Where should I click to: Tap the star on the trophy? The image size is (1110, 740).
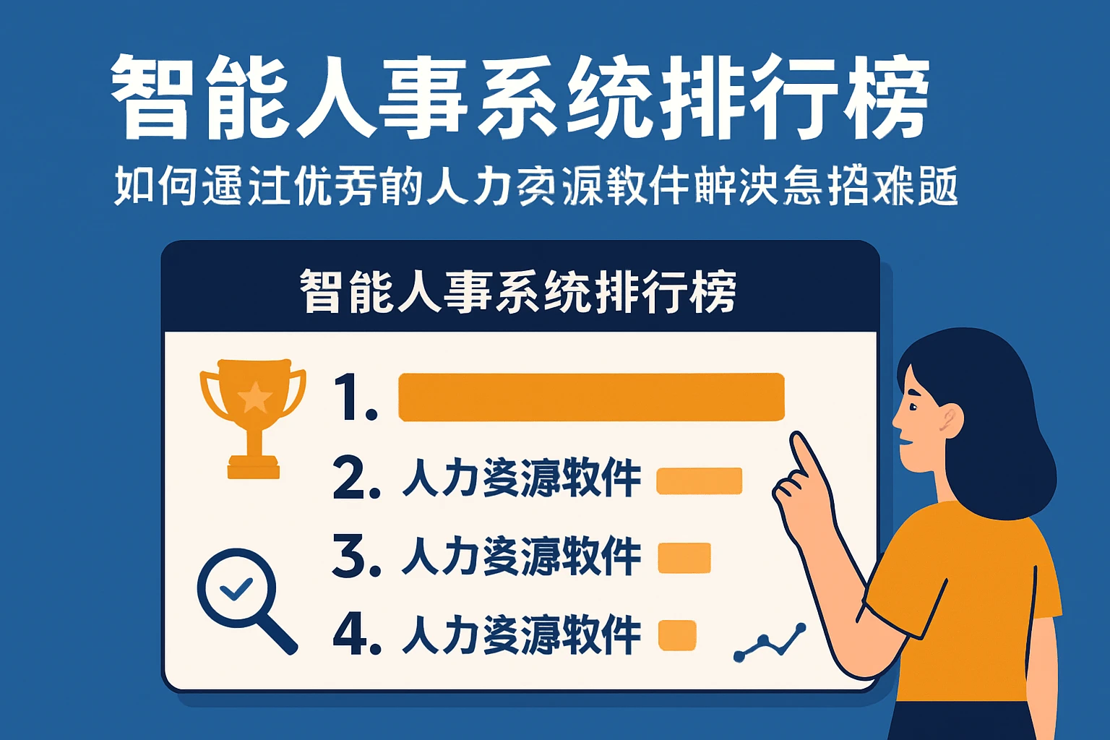[254, 397]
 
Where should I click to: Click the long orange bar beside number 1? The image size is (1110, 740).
[591, 397]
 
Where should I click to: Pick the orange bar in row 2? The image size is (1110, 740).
[699, 481]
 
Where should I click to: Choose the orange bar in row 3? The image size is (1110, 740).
[684, 558]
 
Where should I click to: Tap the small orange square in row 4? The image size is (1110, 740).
[677, 635]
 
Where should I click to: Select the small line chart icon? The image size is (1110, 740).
[770, 642]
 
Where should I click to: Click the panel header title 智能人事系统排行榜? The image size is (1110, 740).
[518, 292]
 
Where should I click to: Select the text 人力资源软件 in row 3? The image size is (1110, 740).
[521, 557]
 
